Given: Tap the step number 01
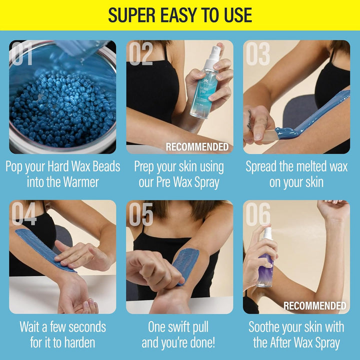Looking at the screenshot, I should point(23,54).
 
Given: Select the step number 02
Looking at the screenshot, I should point(140,54).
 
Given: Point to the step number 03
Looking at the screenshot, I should point(257,54).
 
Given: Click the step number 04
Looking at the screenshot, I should point(24,214).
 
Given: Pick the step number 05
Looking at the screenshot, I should point(141,214).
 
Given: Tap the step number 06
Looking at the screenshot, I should point(258,214).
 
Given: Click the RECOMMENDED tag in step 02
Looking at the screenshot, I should point(197,147).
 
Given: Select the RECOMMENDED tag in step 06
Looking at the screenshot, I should point(314,305).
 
